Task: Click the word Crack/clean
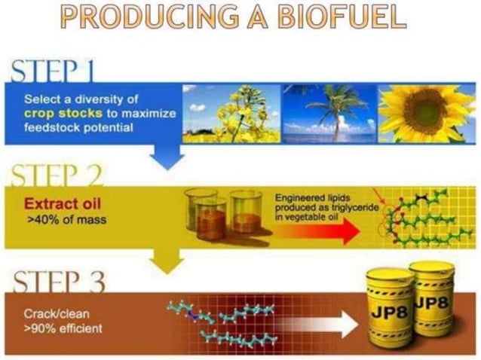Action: [x=51, y=314]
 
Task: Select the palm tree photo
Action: [x=327, y=113]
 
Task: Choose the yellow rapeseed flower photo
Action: [x=230, y=113]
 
